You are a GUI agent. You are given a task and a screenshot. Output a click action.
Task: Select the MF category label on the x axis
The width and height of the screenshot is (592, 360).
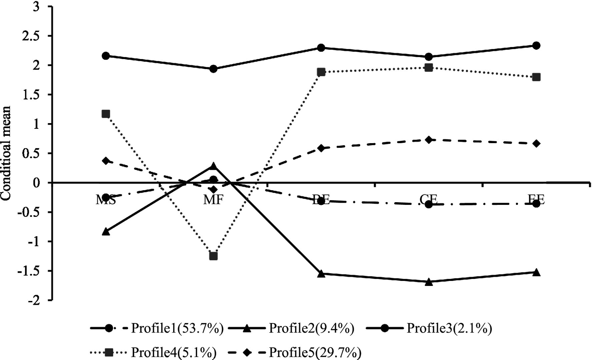[x=213, y=199]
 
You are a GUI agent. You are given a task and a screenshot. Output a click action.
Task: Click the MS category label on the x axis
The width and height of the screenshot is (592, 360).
[x=106, y=199]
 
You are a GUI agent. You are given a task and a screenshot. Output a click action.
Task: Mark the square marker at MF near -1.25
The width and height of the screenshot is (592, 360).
[x=213, y=256]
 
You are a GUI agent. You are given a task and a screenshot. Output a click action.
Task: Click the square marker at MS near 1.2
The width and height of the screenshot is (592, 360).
[x=106, y=114]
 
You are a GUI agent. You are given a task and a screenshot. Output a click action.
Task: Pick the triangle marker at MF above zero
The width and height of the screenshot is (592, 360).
[x=213, y=166]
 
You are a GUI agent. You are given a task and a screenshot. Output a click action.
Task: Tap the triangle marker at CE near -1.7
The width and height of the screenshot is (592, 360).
[x=428, y=282]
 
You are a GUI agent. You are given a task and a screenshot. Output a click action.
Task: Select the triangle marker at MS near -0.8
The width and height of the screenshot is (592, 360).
[x=106, y=232]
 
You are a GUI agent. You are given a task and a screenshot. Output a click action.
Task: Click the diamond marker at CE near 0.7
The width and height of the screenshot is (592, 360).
[x=428, y=140]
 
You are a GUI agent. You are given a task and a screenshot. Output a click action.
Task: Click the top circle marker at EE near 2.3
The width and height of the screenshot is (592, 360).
[x=536, y=46]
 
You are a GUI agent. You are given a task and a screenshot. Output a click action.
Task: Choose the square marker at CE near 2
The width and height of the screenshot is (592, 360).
[x=428, y=68]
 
